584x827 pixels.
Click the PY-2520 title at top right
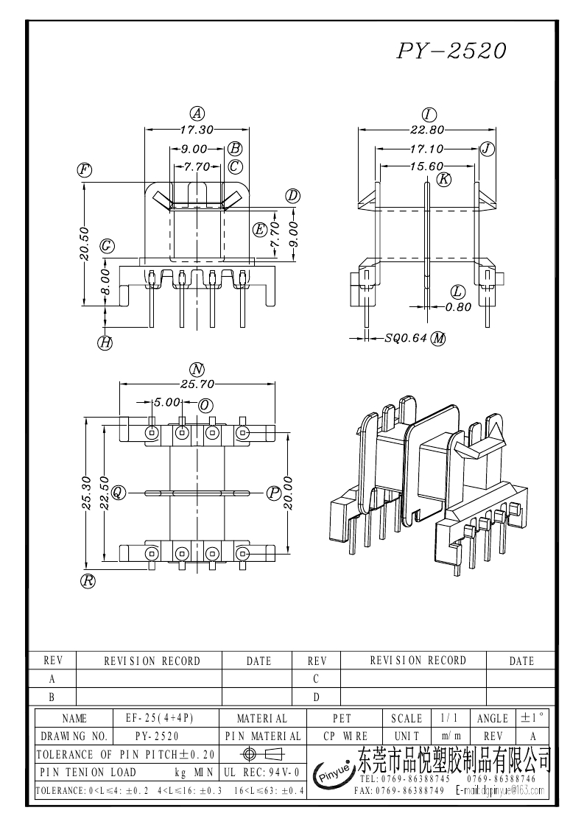coord(451,50)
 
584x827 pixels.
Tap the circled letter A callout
coord(197,113)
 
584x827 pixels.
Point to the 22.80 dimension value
coord(426,130)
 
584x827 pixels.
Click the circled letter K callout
coord(443,179)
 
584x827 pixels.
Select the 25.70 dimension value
coord(197,384)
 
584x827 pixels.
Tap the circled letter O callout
coord(205,406)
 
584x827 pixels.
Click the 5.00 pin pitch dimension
coord(166,403)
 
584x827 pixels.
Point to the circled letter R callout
coord(88,581)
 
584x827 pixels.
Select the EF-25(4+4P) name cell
coord(165,718)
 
